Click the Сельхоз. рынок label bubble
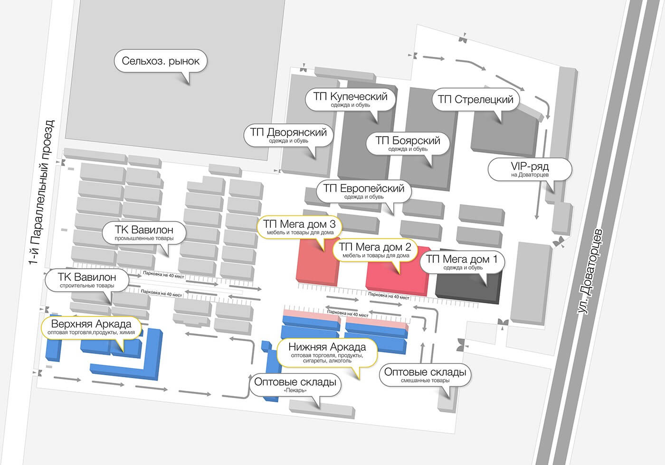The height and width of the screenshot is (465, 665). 161,61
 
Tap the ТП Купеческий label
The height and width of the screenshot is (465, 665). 351,100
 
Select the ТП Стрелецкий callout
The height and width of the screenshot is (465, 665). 475,100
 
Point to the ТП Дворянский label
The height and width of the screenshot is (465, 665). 288,135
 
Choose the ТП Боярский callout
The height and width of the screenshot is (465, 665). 408,143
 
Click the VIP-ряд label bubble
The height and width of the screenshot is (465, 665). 530,169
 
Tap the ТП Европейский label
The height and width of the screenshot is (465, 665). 364,191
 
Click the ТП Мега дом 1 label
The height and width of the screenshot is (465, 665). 462,262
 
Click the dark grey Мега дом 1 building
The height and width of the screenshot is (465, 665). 467,289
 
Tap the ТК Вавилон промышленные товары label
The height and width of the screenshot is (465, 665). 144,233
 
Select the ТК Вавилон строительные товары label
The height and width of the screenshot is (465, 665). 87,280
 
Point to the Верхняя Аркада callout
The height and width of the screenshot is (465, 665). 91,327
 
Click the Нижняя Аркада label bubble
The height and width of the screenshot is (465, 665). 327,353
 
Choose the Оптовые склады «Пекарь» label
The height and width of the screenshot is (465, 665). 295,385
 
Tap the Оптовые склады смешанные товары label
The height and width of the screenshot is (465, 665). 425,375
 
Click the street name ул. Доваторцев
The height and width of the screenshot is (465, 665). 590,271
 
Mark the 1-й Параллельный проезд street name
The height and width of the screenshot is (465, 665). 42,192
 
